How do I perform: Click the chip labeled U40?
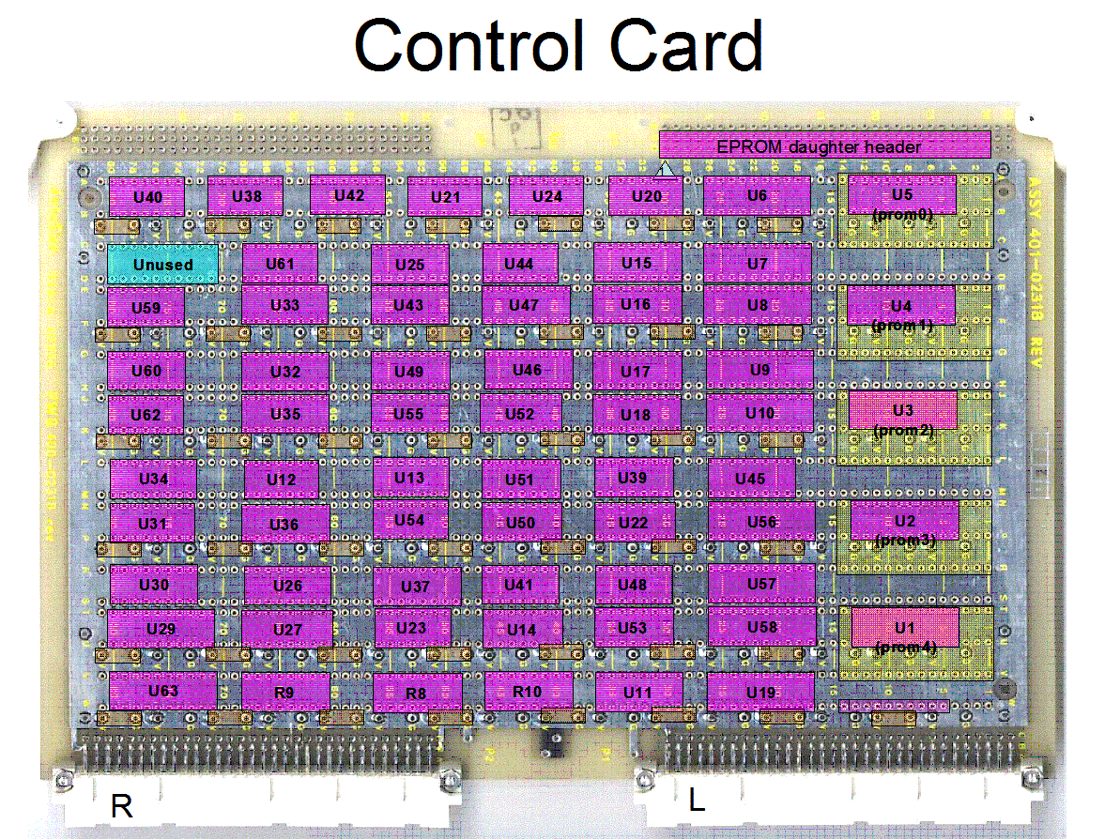click(x=146, y=196)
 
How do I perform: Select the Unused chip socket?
click(x=162, y=264)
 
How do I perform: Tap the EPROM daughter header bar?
click(x=824, y=145)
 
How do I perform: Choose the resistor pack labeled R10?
click(x=528, y=692)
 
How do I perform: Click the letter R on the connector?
click(x=122, y=805)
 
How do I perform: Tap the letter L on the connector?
click(x=696, y=800)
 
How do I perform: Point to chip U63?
click(x=162, y=690)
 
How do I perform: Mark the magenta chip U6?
click(x=757, y=195)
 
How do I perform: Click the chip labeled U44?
click(x=519, y=264)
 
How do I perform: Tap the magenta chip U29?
click(x=161, y=627)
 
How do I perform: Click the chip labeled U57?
click(x=761, y=584)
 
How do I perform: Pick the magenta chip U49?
click(x=409, y=371)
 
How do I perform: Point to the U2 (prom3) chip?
click(x=904, y=521)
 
